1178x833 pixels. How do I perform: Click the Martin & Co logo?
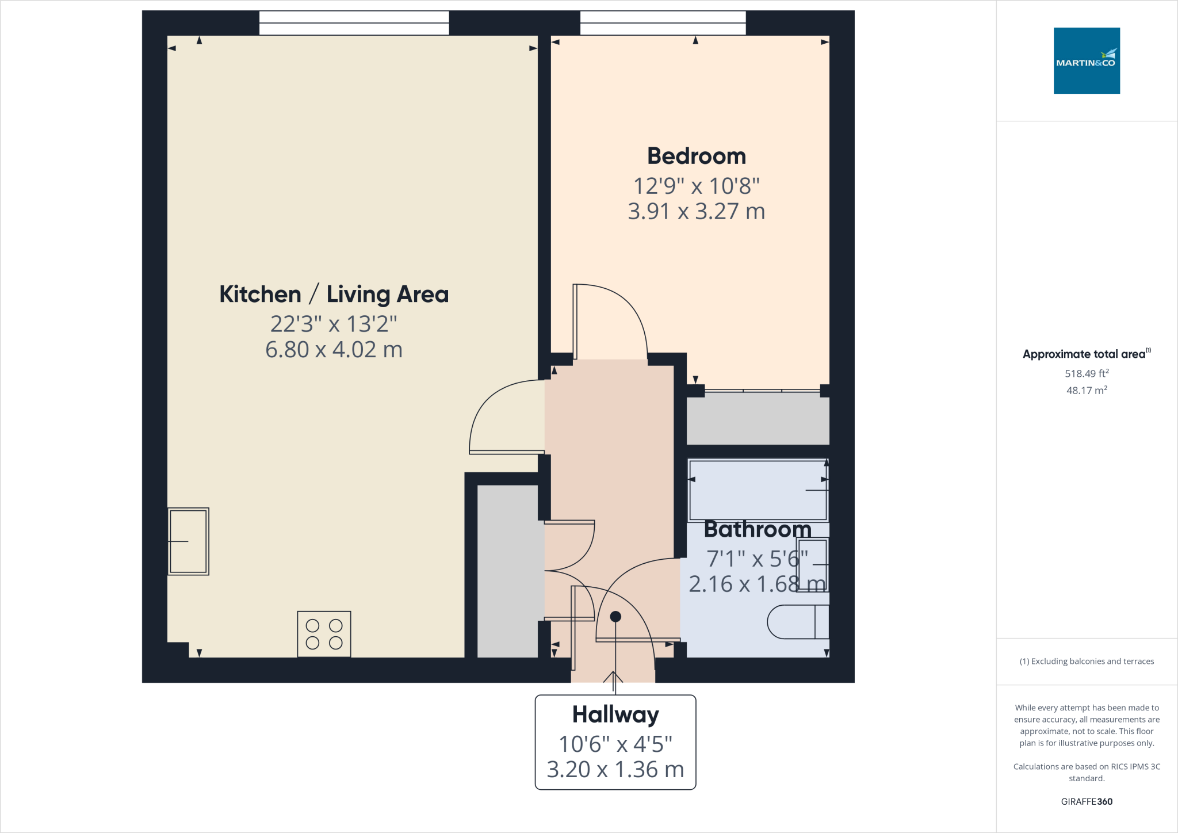[x=1086, y=60]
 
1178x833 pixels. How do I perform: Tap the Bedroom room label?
[x=696, y=156]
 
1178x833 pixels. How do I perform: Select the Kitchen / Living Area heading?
[x=334, y=294]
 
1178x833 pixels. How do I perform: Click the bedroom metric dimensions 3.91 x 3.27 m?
[x=696, y=211]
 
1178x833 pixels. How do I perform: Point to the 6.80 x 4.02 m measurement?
[x=334, y=349]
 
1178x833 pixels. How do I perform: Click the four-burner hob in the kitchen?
[x=324, y=634]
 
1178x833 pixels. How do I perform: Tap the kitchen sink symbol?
[x=189, y=541]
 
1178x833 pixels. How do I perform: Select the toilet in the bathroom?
[x=797, y=621]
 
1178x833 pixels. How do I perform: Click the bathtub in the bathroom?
[x=758, y=490]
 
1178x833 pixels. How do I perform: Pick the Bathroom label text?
[x=757, y=529]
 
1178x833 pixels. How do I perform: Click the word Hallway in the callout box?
[x=615, y=714]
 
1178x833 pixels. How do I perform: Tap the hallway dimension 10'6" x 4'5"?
[x=615, y=744]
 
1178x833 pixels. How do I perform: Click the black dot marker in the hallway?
[x=615, y=616]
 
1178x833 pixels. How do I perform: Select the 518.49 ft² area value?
[x=1086, y=373]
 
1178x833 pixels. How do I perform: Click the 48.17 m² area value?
[x=1086, y=390]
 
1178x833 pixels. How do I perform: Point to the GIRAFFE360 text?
[x=1086, y=801]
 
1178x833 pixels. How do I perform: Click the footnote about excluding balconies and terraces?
[x=1086, y=661]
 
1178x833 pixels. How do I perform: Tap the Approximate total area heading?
[x=1085, y=354]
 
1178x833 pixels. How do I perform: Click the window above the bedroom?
[x=663, y=23]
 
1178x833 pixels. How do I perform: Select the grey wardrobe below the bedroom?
[x=758, y=418]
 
